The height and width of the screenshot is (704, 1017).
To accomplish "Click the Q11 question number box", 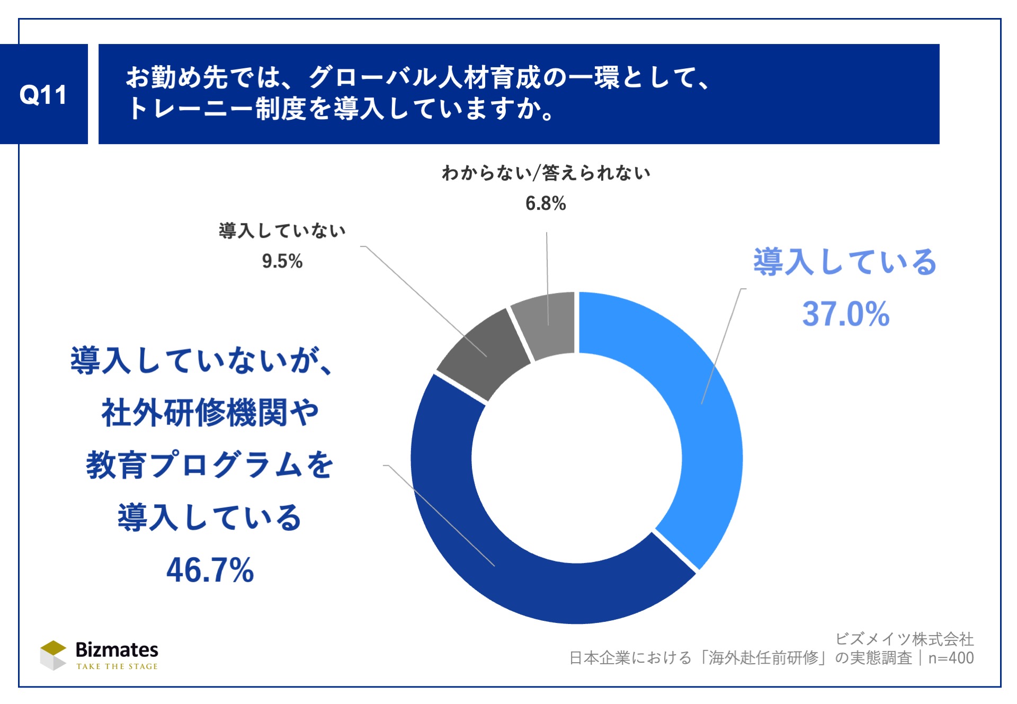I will click(x=43, y=94).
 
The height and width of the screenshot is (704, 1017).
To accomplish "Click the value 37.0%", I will click(x=845, y=314).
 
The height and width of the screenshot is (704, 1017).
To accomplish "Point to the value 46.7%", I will click(x=210, y=570).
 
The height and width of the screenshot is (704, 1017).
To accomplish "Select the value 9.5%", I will click(x=282, y=261).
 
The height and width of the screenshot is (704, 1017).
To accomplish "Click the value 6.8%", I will click(x=546, y=203).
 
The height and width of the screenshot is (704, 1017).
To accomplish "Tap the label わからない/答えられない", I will click(x=546, y=173).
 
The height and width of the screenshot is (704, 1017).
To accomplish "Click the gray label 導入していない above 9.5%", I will click(x=282, y=231).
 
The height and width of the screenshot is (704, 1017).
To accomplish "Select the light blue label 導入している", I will click(x=845, y=262).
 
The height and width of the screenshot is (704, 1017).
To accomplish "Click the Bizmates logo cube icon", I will click(x=53, y=655).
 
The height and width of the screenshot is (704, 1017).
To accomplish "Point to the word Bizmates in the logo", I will click(x=117, y=649).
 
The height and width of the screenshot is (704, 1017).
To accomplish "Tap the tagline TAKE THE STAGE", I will click(x=117, y=666).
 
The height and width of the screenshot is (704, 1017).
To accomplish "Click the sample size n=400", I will click(x=951, y=658).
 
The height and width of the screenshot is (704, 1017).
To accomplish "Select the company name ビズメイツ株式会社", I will click(x=905, y=639).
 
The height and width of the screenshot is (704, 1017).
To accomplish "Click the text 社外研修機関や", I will click(x=210, y=413).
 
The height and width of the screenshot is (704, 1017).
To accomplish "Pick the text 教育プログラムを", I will click(x=210, y=465).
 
